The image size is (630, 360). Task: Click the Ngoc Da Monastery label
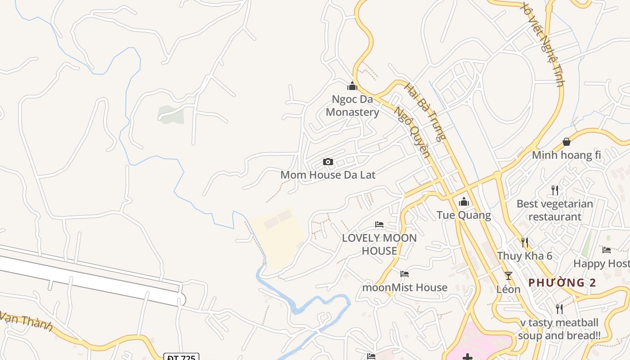[352, 106]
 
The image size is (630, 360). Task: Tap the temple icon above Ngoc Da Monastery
[352, 86]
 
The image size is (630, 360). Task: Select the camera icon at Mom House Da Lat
[328, 162]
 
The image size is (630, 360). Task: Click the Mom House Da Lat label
[328, 175]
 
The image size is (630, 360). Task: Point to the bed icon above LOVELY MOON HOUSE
[379, 225]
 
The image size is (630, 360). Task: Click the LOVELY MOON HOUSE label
[379, 244]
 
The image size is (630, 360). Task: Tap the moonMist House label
[405, 288]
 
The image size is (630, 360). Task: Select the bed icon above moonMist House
[405, 274]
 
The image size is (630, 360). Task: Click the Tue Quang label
[463, 215]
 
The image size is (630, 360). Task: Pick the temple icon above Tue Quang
[464, 202]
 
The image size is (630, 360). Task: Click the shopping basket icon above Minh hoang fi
[567, 142]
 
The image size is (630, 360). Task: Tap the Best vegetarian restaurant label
[555, 210]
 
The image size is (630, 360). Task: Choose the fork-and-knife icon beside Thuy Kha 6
[525, 243]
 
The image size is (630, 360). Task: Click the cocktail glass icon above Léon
[508, 276]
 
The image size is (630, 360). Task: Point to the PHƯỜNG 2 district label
[562, 283]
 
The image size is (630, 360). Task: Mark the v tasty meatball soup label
[559, 329]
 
